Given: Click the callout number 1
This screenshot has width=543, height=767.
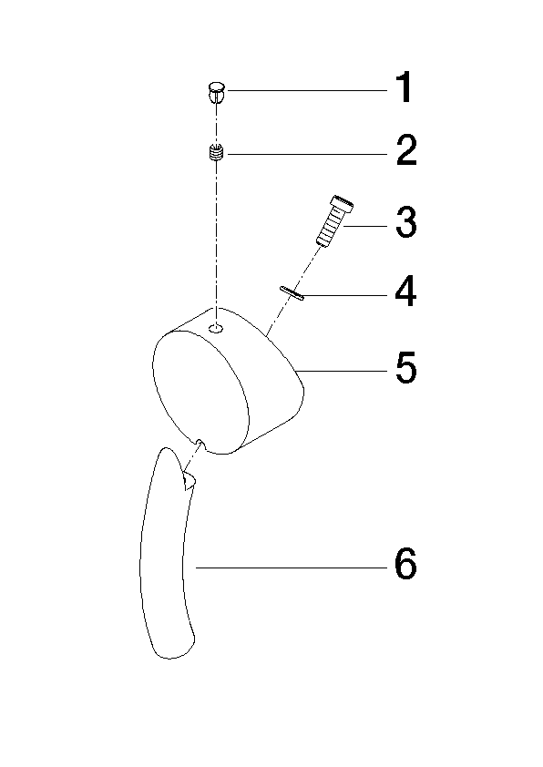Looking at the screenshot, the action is click(x=405, y=88).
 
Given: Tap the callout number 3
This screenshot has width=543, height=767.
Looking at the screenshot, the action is click(x=406, y=222).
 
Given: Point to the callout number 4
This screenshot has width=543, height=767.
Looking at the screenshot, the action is click(x=406, y=291).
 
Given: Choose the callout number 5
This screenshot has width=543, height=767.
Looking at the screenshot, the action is click(x=406, y=367).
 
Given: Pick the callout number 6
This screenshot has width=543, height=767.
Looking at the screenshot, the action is click(x=406, y=564).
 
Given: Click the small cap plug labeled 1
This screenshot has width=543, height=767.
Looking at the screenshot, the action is click(x=215, y=92).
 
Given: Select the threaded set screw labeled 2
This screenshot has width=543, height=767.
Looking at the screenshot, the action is click(x=216, y=153).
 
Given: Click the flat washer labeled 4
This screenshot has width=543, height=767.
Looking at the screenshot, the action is click(x=292, y=292).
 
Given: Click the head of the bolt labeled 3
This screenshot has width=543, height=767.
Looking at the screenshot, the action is click(x=342, y=203).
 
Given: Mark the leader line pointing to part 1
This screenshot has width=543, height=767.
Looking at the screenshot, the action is click(x=307, y=90).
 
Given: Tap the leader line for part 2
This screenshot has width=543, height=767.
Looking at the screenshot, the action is click(x=307, y=154).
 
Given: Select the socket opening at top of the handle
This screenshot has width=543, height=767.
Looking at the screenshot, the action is click(x=189, y=481).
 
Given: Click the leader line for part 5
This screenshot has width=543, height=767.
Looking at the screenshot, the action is click(x=343, y=371).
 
